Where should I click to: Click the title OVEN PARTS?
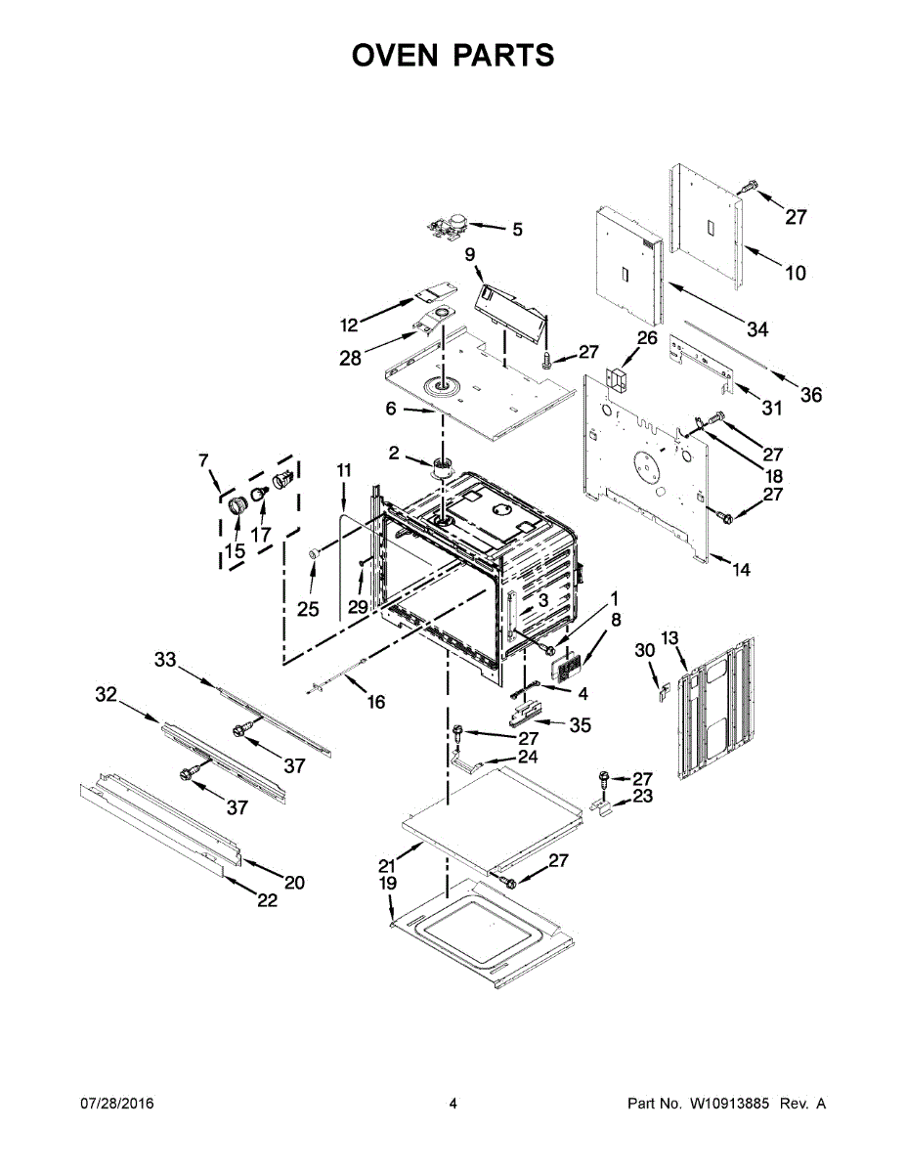point(453,56)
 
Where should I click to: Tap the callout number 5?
point(517,230)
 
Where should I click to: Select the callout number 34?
point(757,329)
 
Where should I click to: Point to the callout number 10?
point(796,273)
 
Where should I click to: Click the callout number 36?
point(811,395)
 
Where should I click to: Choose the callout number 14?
point(742,570)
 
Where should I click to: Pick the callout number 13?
point(669,638)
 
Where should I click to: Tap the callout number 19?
point(388,884)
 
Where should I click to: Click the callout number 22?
point(267,900)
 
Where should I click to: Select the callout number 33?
point(165,660)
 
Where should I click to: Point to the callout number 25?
point(308,609)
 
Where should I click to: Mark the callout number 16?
point(375,701)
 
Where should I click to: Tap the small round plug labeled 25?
point(316,554)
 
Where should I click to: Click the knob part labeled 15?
point(236,506)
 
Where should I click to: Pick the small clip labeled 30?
point(661,692)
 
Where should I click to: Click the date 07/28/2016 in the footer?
point(116,1104)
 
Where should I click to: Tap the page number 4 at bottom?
point(453,1104)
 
